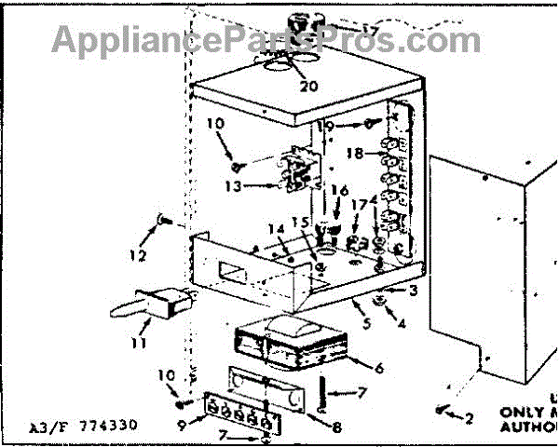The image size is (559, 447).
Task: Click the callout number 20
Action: [x=307, y=86]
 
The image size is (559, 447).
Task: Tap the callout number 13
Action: [x=233, y=186]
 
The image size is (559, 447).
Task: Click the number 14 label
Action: [x=276, y=229]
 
